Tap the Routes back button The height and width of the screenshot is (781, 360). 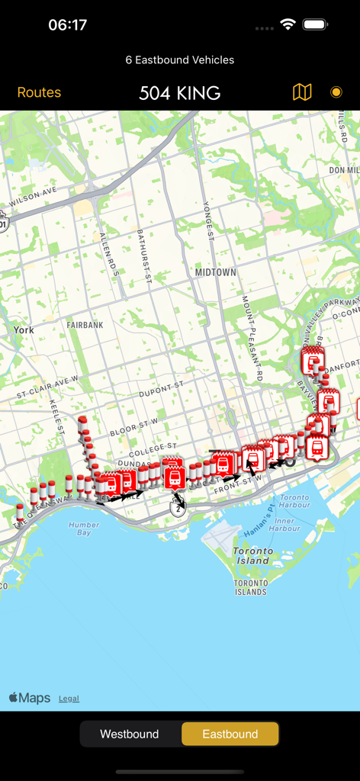(39, 92)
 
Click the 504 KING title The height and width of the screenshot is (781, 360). (180, 93)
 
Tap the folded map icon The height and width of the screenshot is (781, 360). (302, 92)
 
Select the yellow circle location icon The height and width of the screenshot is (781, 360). (336, 92)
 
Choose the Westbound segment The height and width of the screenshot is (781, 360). (130, 734)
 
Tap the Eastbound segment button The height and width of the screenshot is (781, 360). (230, 734)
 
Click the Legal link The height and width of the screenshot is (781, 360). (69, 698)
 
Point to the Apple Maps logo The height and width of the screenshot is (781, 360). (30, 698)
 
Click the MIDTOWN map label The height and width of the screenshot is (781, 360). (215, 272)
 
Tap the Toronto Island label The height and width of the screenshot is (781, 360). (252, 556)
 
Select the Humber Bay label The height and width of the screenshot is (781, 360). (84, 529)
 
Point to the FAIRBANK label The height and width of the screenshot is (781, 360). (85, 324)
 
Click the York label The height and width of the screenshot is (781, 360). (24, 330)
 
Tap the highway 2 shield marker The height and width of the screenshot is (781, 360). (178, 507)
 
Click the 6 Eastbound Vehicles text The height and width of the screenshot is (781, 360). (180, 59)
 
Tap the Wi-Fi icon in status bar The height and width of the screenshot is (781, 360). (288, 24)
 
